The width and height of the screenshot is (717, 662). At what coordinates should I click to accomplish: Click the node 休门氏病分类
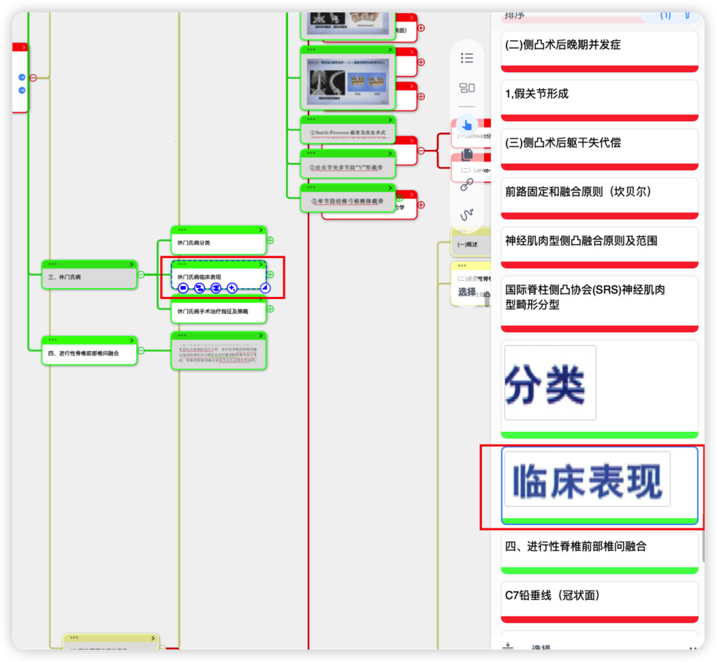point(218,243)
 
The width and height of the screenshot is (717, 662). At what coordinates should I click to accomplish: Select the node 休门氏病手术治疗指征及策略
point(218,311)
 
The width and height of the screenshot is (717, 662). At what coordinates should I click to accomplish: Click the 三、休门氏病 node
point(89,277)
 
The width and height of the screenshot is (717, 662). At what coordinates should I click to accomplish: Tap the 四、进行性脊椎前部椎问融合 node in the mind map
point(89,353)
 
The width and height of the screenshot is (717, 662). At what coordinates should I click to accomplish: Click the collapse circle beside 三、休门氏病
point(141,274)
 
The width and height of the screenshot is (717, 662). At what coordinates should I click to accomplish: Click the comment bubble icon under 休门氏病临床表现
point(183,288)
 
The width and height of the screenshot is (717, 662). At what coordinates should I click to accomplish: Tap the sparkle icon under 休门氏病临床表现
point(232,288)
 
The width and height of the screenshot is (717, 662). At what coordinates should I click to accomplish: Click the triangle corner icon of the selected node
point(265,288)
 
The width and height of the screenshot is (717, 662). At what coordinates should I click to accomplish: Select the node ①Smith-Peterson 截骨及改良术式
point(347,132)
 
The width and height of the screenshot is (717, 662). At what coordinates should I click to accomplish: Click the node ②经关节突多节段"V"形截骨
point(347,167)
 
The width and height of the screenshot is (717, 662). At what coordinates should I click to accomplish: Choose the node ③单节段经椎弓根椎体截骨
point(347,201)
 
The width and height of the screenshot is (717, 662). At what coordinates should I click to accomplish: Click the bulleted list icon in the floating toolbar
point(467,58)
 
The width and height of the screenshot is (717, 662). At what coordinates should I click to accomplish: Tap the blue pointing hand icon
point(467,125)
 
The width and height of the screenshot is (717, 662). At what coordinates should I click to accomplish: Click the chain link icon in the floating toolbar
point(467,184)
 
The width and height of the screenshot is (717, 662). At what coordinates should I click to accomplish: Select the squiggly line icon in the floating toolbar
point(467,215)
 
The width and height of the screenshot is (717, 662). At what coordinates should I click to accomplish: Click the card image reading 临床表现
point(588,480)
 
